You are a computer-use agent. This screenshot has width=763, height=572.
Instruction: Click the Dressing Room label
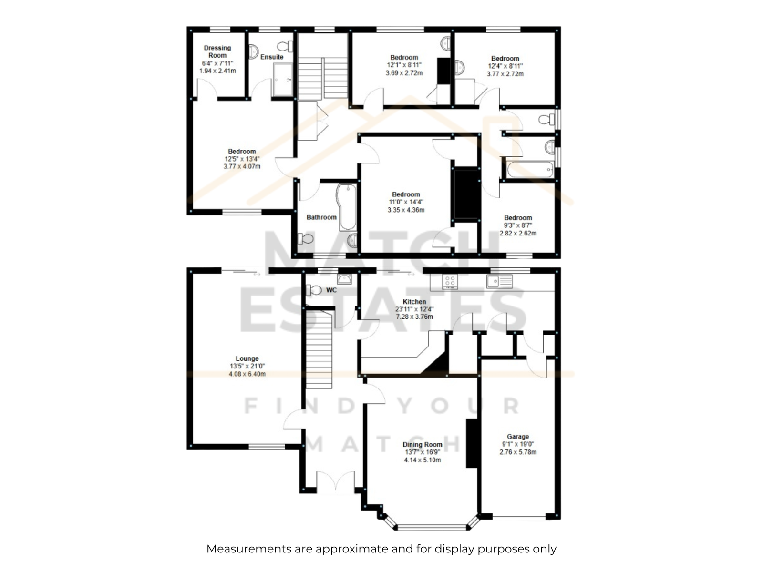click(217, 51)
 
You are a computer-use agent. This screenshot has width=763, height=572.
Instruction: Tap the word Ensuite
click(272, 57)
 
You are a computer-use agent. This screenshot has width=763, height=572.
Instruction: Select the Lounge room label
click(247, 358)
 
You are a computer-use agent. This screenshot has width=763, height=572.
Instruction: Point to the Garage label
click(517, 437)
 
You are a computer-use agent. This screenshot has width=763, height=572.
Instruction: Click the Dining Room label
click(423, 445)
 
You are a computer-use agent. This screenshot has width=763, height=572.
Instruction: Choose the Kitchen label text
click(414, 302)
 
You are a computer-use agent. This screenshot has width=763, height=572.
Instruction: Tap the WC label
click(331, 290)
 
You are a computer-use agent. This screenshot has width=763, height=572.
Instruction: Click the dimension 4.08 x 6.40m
click(247, 374)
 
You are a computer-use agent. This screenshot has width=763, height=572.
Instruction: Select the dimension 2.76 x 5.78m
click(518, 452)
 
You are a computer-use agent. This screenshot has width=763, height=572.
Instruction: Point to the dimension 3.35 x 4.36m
click(406, 210)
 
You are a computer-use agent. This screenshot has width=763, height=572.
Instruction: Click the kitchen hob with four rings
click(450, 282)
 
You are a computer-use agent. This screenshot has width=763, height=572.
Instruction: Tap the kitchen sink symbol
click(499, 281)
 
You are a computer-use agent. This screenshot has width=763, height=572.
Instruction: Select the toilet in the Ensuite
click(285, 46)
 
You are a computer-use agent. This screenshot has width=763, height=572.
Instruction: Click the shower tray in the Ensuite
click(283, 80)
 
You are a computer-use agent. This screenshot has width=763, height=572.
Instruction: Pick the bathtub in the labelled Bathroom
click(347, 207)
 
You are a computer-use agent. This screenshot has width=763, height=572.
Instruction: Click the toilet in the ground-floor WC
click(314, 290)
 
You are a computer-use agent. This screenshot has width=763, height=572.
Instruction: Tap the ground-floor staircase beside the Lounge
click(319, 349)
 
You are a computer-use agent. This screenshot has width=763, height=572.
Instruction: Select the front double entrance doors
click(335, 481)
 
